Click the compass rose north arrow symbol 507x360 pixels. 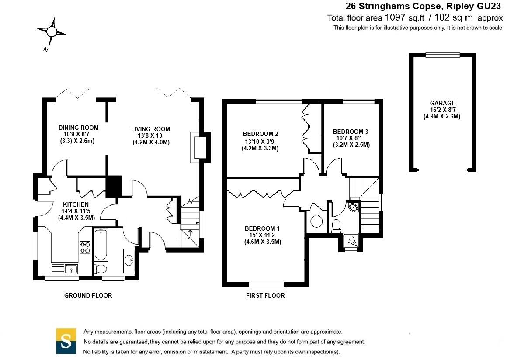52,32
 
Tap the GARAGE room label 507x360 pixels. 442,103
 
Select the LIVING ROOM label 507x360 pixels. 150,129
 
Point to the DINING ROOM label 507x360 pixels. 78,128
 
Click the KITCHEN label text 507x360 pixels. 76,204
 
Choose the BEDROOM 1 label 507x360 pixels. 262,228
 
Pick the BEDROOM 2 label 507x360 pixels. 260,134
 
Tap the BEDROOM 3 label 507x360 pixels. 351,132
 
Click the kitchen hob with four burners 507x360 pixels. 85,248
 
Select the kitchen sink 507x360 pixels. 70,269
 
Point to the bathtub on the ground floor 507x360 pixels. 101,245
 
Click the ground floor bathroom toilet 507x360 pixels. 101,269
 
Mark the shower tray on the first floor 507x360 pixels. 351,241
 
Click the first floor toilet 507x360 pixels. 336,225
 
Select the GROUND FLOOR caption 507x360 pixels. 88,295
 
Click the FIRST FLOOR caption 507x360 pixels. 265,295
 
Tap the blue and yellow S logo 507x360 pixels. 66,341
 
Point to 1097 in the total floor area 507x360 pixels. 395,17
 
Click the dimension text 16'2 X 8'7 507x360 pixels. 442,110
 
